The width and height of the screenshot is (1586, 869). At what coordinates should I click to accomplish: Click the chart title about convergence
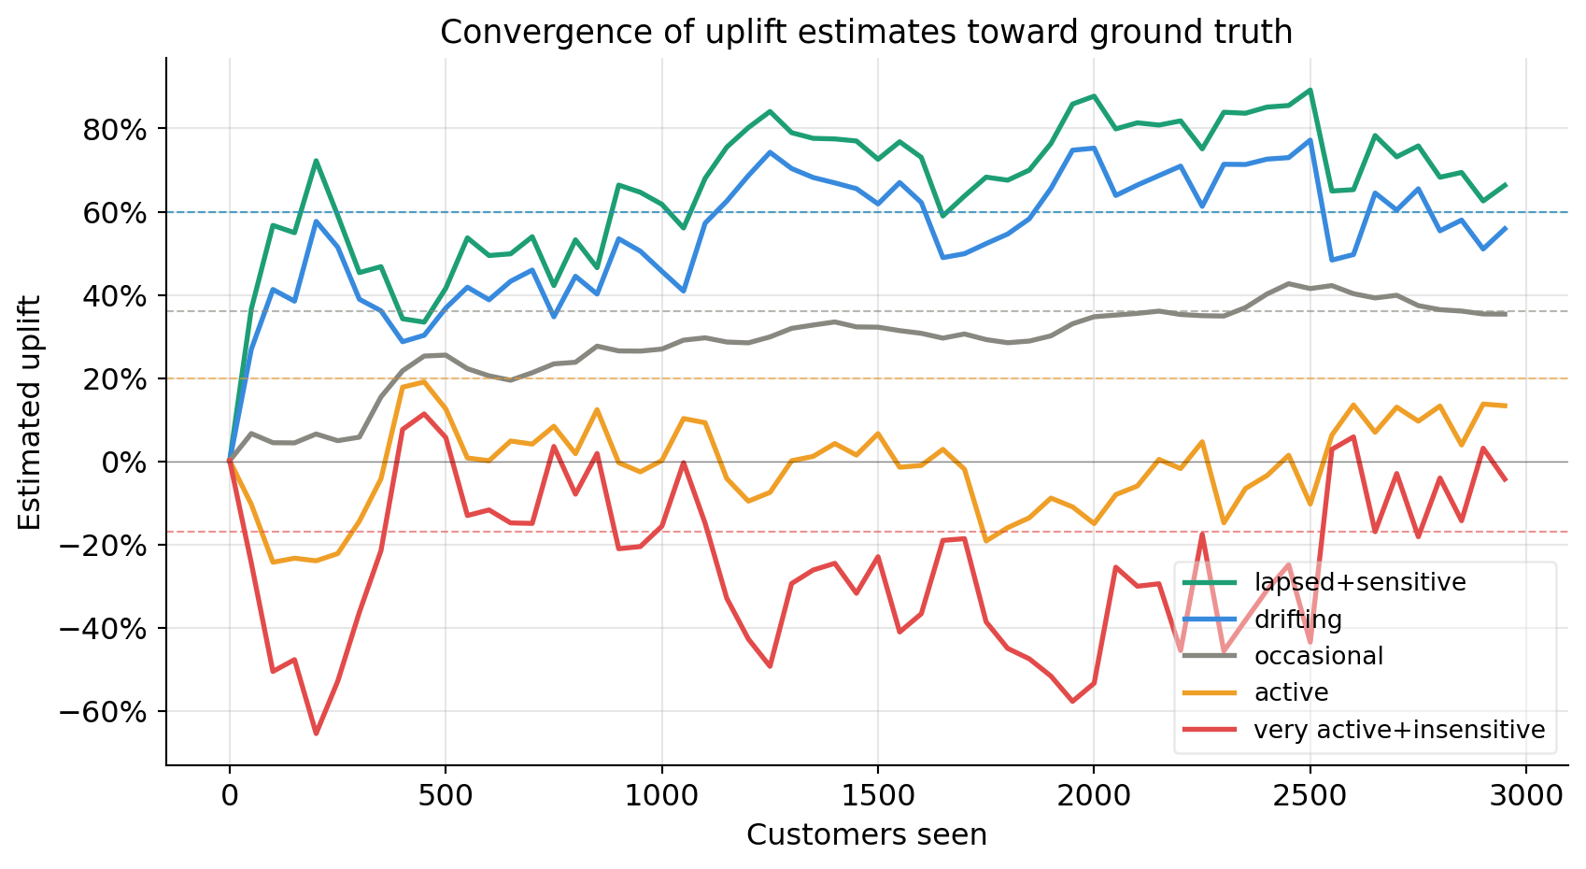tap(866, 32)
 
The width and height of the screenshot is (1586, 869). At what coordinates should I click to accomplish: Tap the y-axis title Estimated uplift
tap(30, 412)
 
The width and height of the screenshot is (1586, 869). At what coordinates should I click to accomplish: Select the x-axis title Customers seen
tap(866, 834)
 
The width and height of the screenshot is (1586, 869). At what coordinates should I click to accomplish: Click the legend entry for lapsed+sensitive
tap(1359, 582)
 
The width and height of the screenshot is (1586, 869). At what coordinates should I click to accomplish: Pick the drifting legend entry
tap(1297, 620)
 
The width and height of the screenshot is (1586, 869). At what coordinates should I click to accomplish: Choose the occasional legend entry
tap(1318, 656)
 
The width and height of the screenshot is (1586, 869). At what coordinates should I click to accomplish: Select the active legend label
tap(1291, 692)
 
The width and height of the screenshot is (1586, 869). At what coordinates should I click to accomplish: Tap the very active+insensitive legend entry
tap(1399, 730)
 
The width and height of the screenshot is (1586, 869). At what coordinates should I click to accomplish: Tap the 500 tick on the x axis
tap(446, 796)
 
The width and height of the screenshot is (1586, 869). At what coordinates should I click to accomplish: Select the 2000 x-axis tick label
tap(1094, 796)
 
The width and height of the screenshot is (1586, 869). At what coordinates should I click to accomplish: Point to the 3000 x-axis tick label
tap(1526, 796)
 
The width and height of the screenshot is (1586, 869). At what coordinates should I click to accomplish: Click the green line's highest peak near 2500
tap(1310, 90)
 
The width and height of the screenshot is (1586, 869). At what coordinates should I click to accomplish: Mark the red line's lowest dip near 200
tap(316, 734)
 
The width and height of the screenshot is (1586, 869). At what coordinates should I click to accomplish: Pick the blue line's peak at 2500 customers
tap(1310, 140)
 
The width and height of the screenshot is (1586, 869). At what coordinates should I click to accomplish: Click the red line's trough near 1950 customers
tap(1072, 701)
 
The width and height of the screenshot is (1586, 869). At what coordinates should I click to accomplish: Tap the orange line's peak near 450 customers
tap(424, 381)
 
